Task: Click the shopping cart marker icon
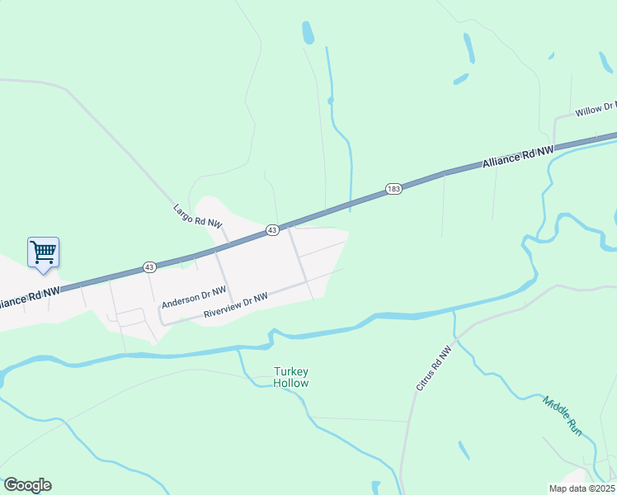tap(43, 252)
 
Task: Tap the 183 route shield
tap(393, 190)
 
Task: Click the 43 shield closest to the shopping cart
tap(149, 266)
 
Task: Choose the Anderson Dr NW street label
tap(194, 297)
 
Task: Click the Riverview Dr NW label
tap(236, 306)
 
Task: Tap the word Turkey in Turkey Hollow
tap(291, 372)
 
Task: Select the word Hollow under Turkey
tap(291, 383)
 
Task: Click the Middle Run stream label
tap(563, 417)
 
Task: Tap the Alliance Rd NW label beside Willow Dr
tap(516, 158)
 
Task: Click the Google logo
tap(27, 485)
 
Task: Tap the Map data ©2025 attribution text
tap(582, 488)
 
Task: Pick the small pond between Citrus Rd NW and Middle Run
tap(464, 450)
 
